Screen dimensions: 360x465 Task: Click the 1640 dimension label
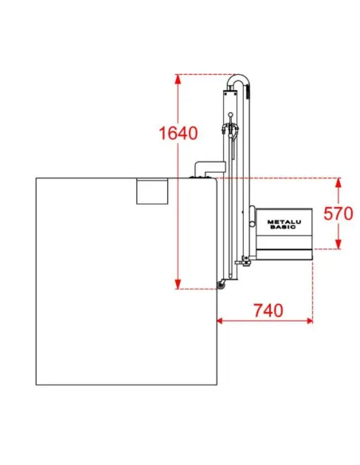click(x=178, y=133)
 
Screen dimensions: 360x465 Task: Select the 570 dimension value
click(x=338, y=213)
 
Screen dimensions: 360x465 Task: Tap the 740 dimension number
click(x=268, y=311)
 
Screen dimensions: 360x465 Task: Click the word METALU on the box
click(x=284, y=222)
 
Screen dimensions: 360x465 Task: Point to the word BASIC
click(x=283, y=227)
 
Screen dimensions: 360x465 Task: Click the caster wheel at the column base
click(x=221, y=285)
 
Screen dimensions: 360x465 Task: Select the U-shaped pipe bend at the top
click(x=239, y=80)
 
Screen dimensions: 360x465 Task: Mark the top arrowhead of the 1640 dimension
click(x=178, y=79)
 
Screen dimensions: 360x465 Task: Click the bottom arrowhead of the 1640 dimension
click(x=178, y=283)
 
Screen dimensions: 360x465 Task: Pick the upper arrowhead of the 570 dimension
click(x=338, y=182)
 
